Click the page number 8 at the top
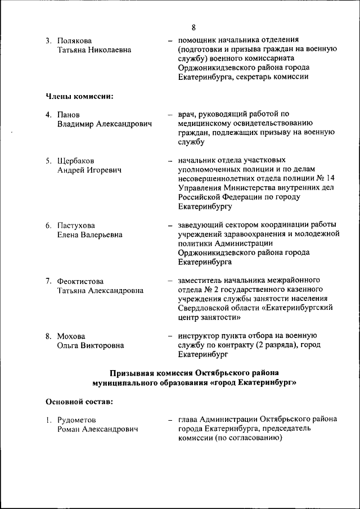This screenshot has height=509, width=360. [193, 27]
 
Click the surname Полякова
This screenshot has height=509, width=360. [75, 40]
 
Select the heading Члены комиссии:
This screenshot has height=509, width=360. [79, 96]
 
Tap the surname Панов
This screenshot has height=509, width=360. [69, 114]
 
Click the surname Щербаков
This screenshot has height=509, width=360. [76, 160]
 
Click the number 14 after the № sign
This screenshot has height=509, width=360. [333, 178]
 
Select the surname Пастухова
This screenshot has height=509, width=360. [76, 226]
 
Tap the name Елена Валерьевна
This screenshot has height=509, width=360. [90, 235]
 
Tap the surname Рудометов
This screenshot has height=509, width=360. [76, 420]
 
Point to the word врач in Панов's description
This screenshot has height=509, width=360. [187, 114]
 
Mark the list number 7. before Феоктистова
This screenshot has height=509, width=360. [49, 281]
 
